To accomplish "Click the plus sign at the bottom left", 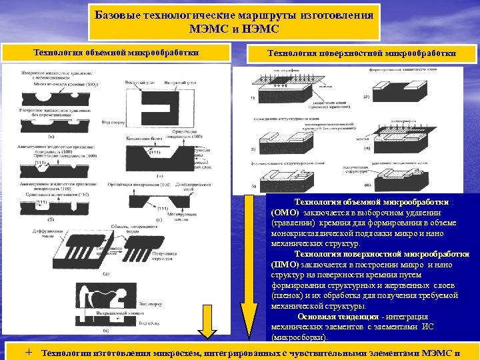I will tap(29, 352).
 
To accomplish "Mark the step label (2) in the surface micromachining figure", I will tap(366, 97).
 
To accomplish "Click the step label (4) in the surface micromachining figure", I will tap(366, 148).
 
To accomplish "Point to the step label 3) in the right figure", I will tap(253, 148).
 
